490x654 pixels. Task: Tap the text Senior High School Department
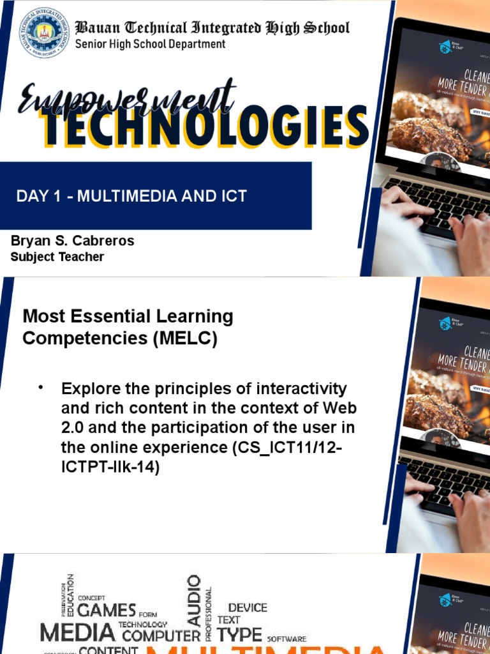coord(150,44)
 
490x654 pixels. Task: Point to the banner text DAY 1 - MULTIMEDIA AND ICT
coord(131,196)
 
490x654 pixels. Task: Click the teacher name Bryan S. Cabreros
coord(73,241)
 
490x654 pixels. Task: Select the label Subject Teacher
coord(57,257)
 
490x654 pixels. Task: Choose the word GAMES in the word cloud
coord(107,610)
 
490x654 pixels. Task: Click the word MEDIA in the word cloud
coord(77,633)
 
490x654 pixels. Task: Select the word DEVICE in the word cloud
coord(248,607)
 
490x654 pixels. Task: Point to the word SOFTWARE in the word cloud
coord(286,639)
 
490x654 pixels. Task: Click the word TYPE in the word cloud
coord(239,634)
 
